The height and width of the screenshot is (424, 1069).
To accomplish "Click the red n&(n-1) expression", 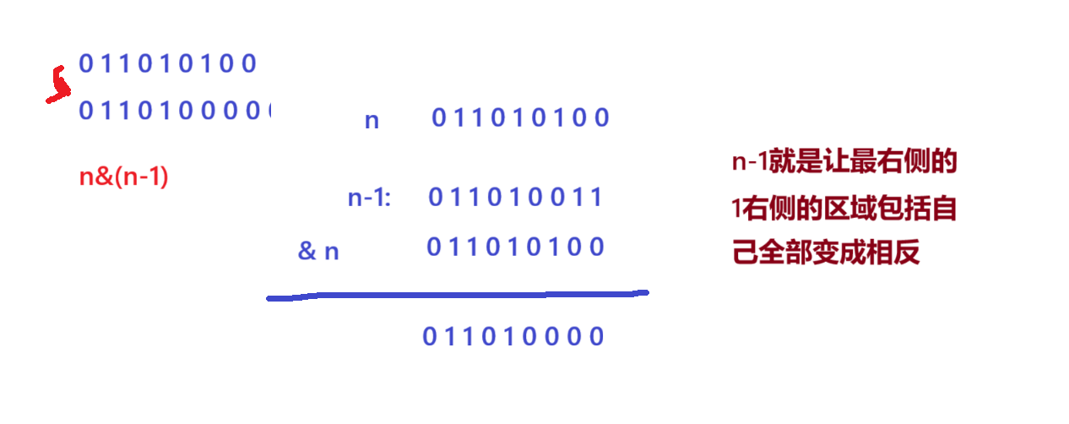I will pyautogui.click(x=123, y=177).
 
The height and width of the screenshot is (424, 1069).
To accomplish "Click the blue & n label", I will pyautogui.click(x=318, y=251).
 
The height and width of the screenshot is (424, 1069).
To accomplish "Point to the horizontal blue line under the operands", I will pyautogui.click(x=457, y=295).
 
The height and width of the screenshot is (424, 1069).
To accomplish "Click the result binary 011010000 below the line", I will pyautogui.click(x=513, y=337).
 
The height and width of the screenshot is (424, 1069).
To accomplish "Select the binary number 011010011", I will pyautogui.click(x=515, y=198).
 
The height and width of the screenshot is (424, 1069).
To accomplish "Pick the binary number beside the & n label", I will pyautogui.click(x=515, y=247).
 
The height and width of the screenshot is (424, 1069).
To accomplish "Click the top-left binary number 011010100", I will pyautogui.click(x=167, y=63).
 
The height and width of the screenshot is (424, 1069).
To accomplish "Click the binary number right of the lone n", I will pyautogui.click(x=520, y=118).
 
